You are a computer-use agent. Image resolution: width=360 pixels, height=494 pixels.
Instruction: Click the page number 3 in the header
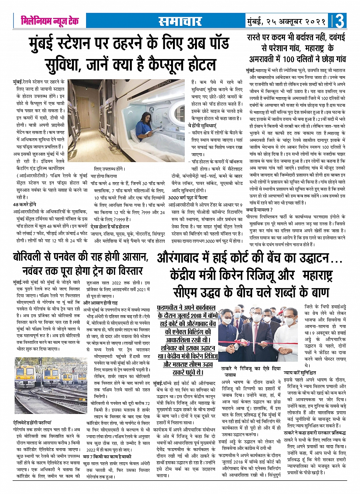[340, 21]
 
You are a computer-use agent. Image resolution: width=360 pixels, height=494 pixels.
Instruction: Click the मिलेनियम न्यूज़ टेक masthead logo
[50, 21]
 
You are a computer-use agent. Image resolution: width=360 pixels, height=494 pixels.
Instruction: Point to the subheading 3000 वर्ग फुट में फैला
[188, 198]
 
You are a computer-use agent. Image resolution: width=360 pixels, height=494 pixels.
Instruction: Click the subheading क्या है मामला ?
[259, 210]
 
